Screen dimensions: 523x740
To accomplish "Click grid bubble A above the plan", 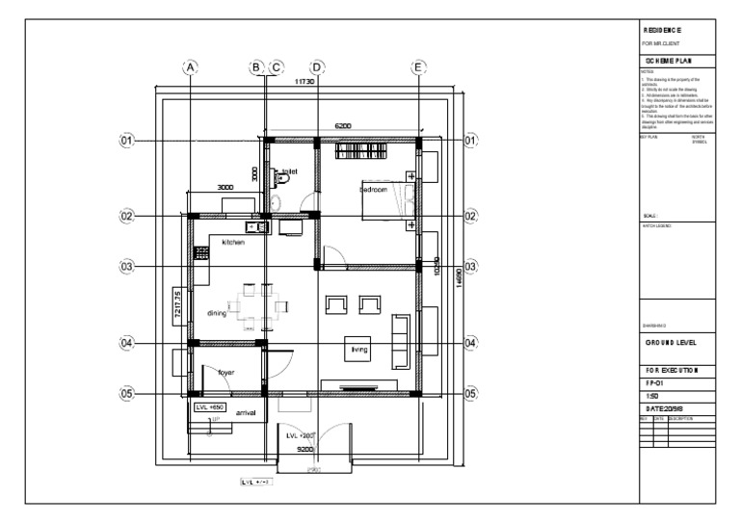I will pyautogui.click(x=191, y=67).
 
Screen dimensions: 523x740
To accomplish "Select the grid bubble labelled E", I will pyautogui.click(x=418, y=67).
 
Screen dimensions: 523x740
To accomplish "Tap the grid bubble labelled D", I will pyautogui.click(x=317, y=67).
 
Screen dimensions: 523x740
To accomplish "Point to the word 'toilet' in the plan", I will pyautogui.click(x=290, y=171).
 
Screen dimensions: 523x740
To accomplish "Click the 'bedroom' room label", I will pyautogui.click(x=374, y=190).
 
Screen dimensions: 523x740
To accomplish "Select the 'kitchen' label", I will pyautogui.click(x=234, y=243).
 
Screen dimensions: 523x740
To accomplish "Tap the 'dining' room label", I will pyautogui.click(x=217, y=313).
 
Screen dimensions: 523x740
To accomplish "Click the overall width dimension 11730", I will pyautogui.click(x=303, y=84).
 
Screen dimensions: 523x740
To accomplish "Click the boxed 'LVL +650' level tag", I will pyautogui.click(x=208, y=407).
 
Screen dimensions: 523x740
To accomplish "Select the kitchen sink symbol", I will pyautogui.click(x=256, y=227).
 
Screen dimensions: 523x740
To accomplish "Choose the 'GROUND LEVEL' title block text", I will pyautogui.click(x=678, y=343).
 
